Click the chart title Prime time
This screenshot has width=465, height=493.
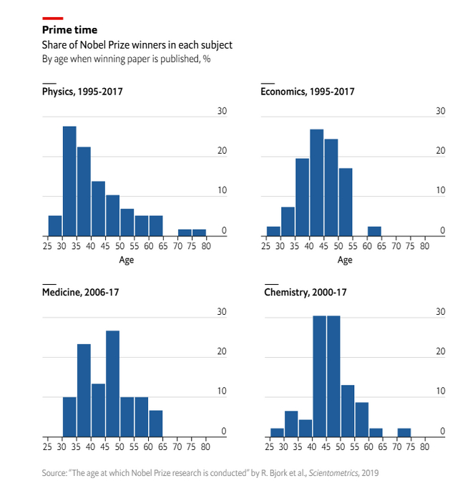point(69,30)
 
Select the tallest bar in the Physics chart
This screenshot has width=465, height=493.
point(69,181)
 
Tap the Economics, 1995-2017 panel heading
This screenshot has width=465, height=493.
point(308,92)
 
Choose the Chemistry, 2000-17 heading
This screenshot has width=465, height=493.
point(305,292)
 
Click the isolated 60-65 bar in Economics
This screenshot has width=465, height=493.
point(374,231)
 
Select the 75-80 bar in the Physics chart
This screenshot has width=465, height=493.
point(198,233)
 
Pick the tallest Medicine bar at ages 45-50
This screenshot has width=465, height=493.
point(112,384)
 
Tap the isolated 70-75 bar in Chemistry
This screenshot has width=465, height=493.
point(404,432)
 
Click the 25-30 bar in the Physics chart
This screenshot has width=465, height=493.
point(55,225)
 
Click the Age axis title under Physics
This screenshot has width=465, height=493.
point(127,260)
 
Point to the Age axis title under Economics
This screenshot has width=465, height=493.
point(345,260)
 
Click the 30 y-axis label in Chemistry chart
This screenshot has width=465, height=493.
point(441,312)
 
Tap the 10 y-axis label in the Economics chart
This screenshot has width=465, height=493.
point(441,191)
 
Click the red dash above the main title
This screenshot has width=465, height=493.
point(53,18)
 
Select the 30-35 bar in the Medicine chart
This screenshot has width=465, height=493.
point(69,416)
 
